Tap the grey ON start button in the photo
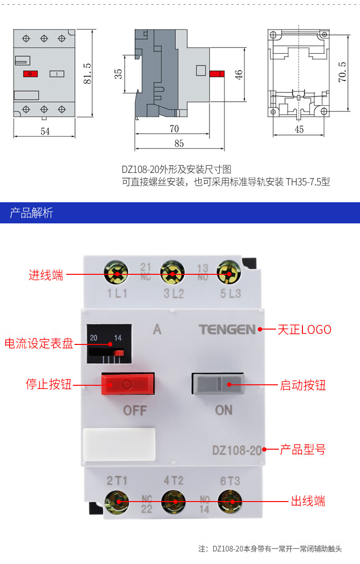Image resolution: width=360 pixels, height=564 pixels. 218,384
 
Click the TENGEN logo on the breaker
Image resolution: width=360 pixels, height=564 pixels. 228,330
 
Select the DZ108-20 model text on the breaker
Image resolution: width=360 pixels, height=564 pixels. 237,451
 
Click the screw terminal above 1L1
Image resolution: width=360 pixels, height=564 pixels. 116,274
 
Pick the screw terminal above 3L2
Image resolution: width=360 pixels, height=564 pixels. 172,274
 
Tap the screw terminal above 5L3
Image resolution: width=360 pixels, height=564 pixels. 229,274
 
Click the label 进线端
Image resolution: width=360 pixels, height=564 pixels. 46,275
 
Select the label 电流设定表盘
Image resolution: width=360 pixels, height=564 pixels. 39,344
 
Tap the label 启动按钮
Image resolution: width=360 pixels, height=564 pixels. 303,385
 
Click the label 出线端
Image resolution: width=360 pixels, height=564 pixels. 308,502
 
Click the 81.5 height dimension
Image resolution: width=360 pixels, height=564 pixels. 87,73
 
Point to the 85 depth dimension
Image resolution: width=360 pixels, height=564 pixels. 179,143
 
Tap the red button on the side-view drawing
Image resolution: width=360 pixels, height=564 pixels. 217,74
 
